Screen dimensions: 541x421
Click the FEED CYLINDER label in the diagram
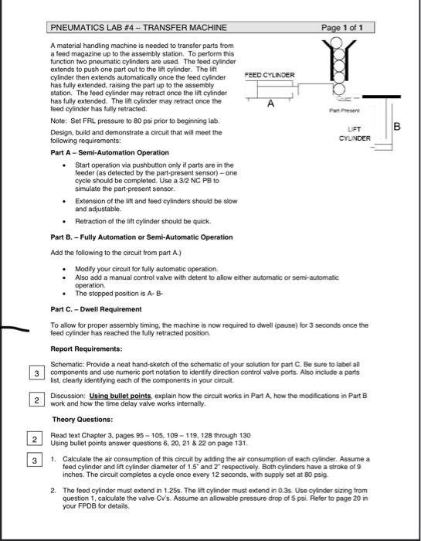tap(269, 76)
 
